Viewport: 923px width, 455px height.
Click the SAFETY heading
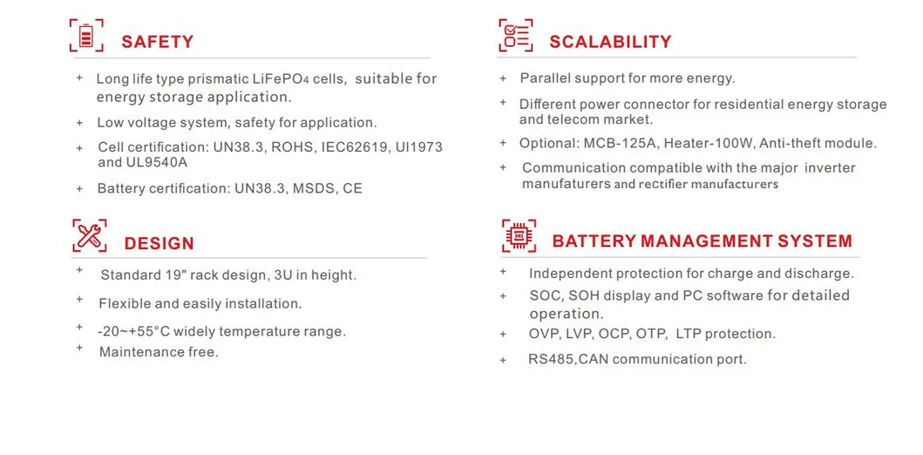pos(157,42)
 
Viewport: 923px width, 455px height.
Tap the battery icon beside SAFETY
pos(86,37)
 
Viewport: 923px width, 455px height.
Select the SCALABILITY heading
pos(610,42)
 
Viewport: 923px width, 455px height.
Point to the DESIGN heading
pos(159,244)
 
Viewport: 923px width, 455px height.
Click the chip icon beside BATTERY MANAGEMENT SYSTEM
pos(519,235)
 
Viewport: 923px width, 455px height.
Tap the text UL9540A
pos(157,162)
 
